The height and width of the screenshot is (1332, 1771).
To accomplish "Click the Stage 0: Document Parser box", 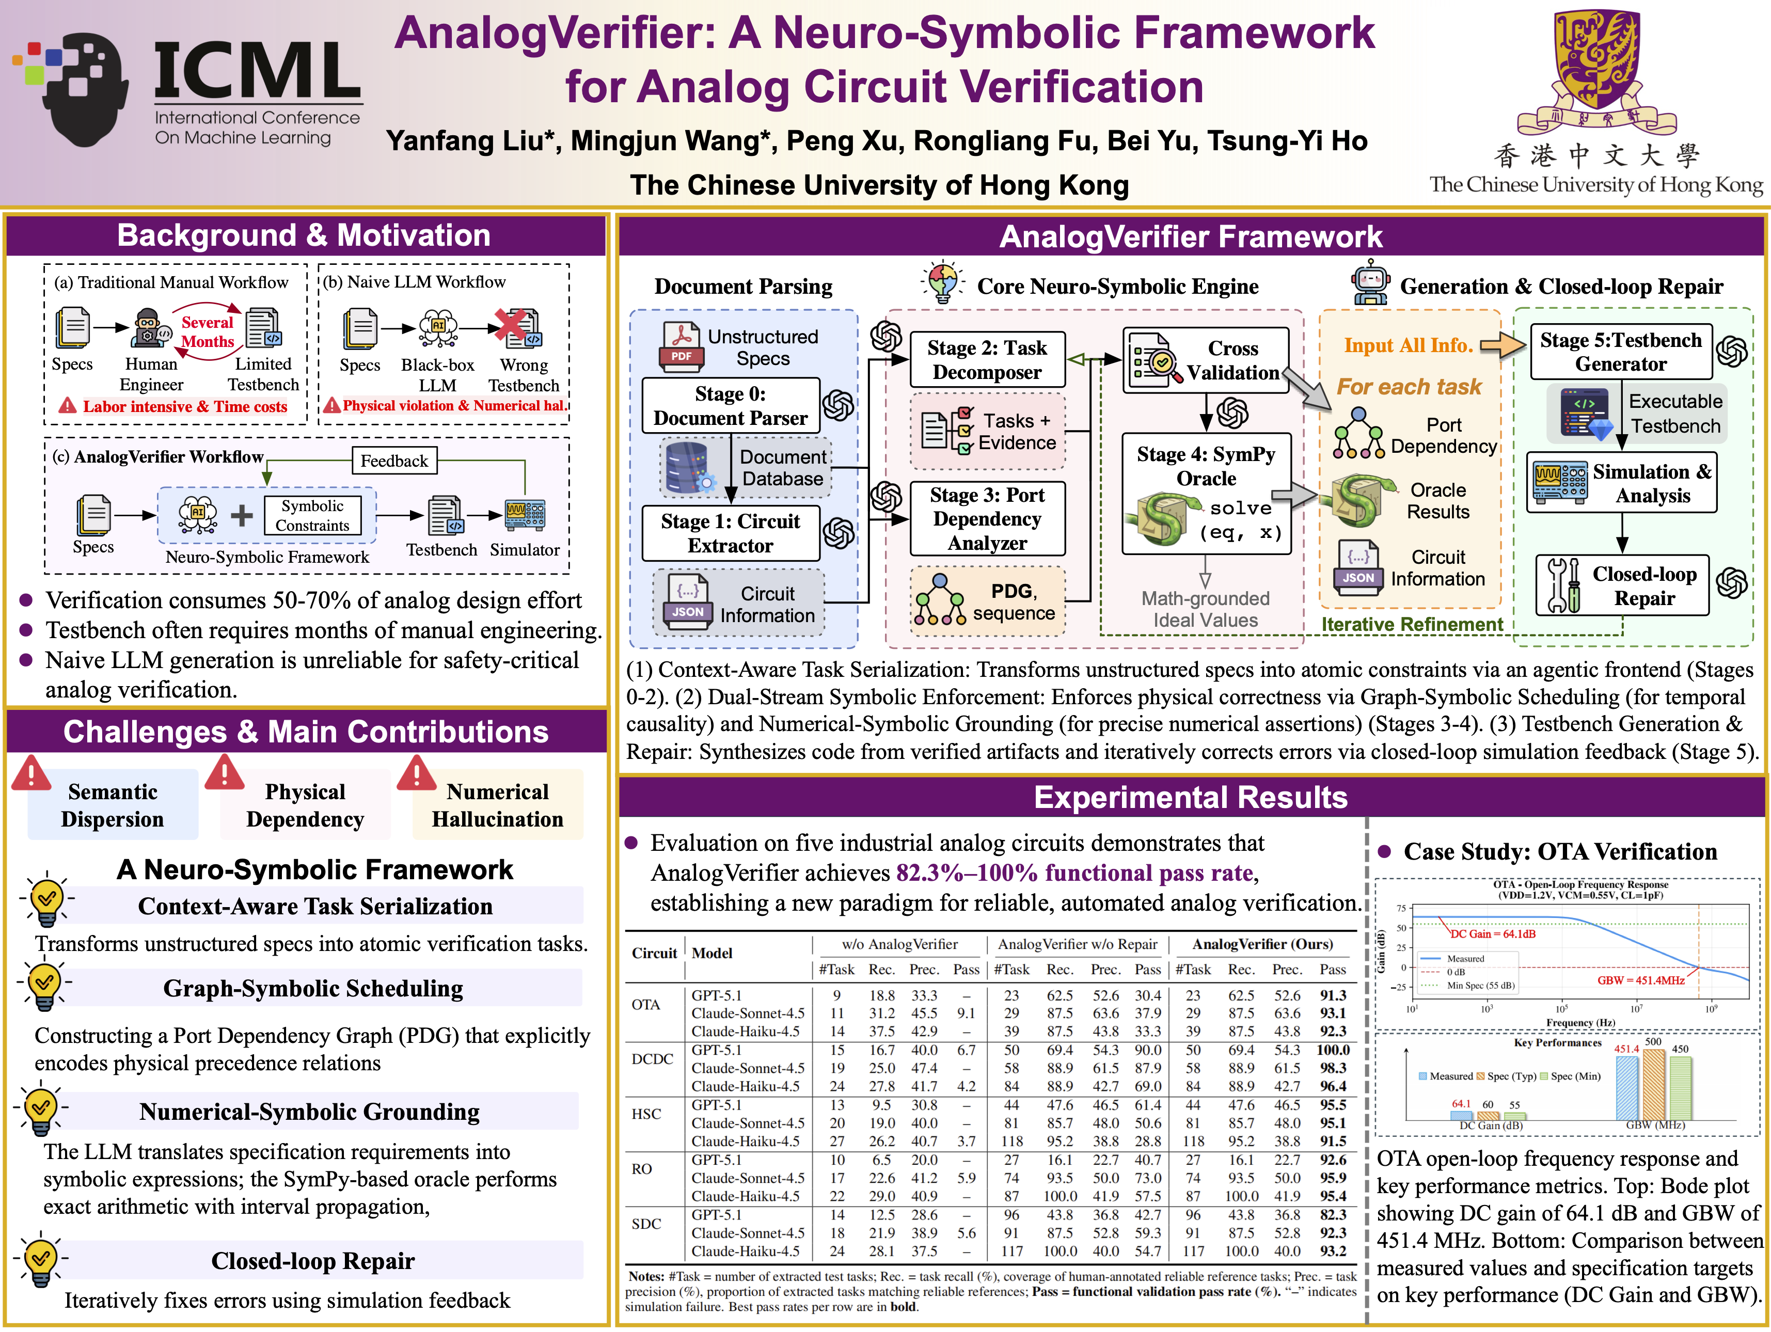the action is [730, 406].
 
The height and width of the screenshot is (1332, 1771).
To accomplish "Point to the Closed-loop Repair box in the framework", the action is [1622, 586].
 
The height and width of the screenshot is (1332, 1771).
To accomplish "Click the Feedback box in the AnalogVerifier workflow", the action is [394, 461].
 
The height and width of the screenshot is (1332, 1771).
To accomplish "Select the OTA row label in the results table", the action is [645, 1005].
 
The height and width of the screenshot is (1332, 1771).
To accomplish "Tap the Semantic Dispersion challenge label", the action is [113, 805].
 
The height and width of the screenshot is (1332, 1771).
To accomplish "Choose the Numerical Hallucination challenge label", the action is [497, 805].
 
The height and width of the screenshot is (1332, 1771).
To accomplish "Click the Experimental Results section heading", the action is [1191, 797].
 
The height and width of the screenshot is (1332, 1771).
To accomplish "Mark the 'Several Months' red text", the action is [208, 331].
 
